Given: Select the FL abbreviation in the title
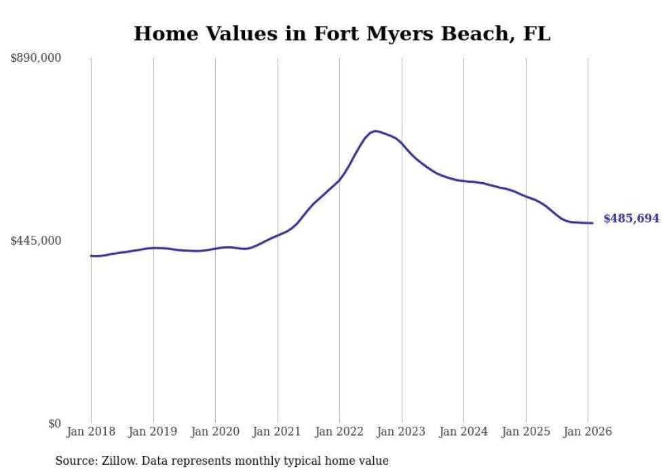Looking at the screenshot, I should (x=536, y=34).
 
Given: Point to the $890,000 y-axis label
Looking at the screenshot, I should (x=36, y=58).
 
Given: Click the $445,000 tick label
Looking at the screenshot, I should (x=36, y=241).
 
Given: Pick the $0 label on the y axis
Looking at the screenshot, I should (x=54, y=423).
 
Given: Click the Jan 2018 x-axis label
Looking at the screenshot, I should (x=91, y=432).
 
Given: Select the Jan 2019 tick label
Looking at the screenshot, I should (x=153, y=432).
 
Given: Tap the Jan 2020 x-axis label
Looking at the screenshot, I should (x=215, y=432).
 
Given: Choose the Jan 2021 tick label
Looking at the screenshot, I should (x=277, y=432).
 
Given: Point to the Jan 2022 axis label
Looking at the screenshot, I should (x=339, y=432).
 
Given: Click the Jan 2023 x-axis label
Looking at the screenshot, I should (x=401, y=432).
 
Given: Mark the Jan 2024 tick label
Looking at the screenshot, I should (x=463, y=432).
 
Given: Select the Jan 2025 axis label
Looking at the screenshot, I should (x=525, y=432).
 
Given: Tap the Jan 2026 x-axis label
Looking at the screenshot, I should (x=588, y=432).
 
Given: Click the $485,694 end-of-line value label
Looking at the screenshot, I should (x=631, y=219).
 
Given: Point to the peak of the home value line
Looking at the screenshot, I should (x=375, y=130).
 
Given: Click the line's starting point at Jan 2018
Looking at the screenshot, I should (x=91, y=256).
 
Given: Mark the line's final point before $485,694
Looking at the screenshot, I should (x=592, y=223).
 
